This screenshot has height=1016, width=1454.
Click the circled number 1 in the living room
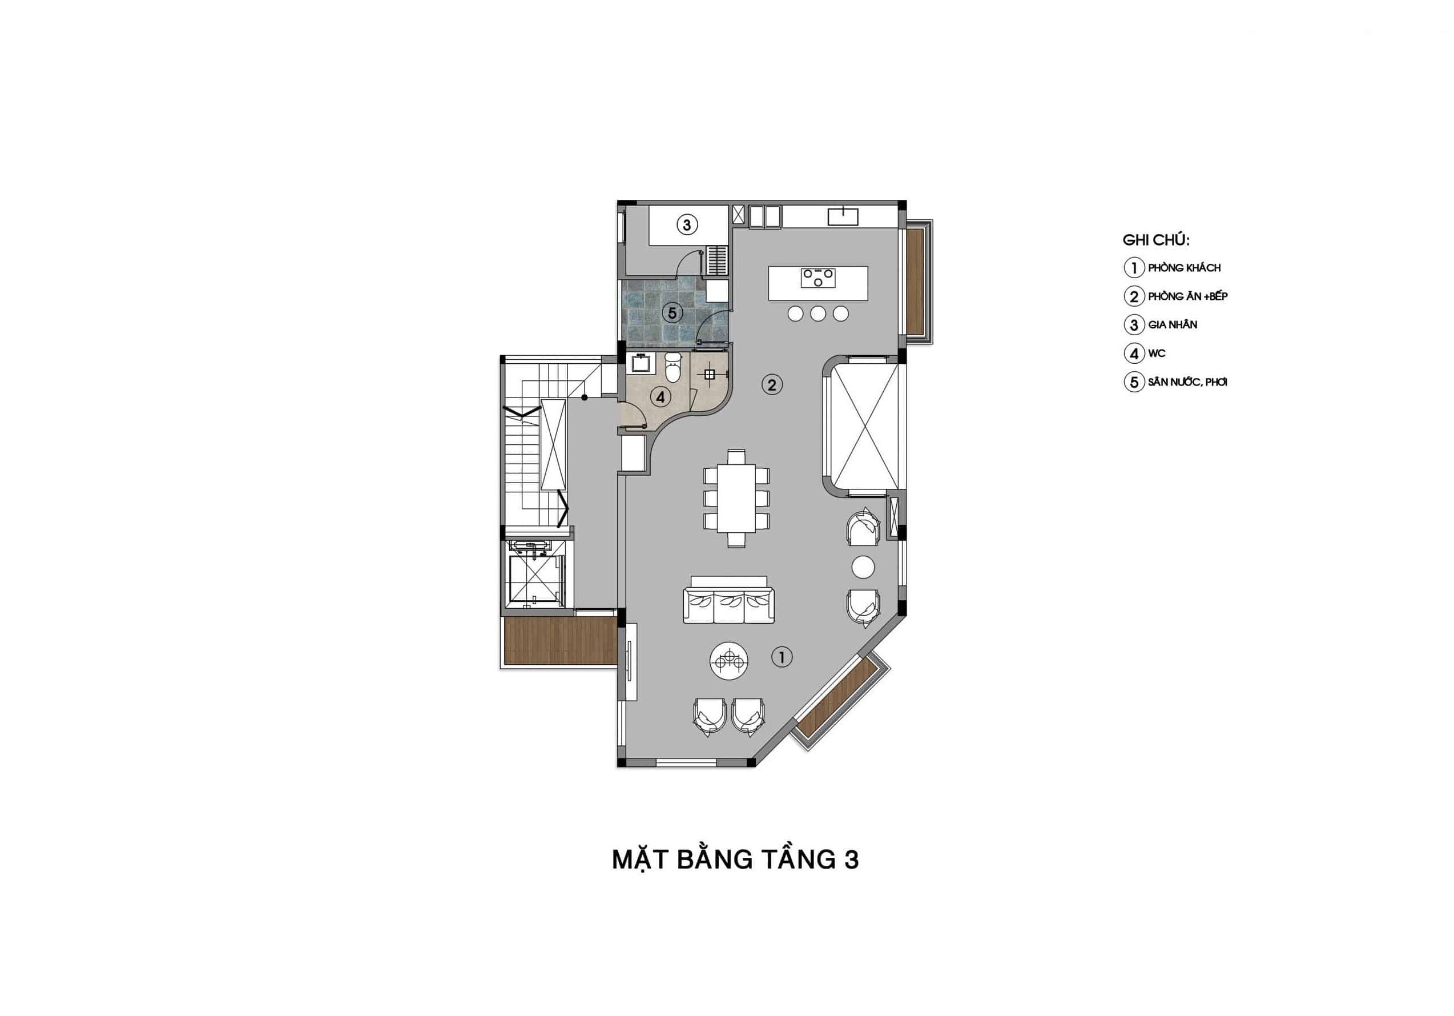coord(782,657)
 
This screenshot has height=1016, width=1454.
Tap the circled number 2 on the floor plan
coord(771,384)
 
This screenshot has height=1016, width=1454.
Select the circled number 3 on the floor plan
coord(687,224)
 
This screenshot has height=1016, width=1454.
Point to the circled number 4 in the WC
coord(660,397)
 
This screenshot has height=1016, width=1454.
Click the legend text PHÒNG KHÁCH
coord(1184,268)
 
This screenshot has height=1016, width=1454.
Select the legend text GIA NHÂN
coord(1172,325)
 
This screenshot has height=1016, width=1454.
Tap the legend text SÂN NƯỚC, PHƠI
coord(1187,382)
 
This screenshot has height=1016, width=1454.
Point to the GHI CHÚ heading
coord(1156,240)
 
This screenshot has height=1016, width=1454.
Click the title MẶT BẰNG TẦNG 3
coord(735,859)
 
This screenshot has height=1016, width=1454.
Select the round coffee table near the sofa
coord(730,661)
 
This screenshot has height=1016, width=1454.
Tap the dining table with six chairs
coord(736,498)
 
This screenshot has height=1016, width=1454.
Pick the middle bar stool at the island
coord(818,313)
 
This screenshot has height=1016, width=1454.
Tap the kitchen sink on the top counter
coord(843,216)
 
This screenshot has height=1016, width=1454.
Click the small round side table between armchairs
coord(863,567)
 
